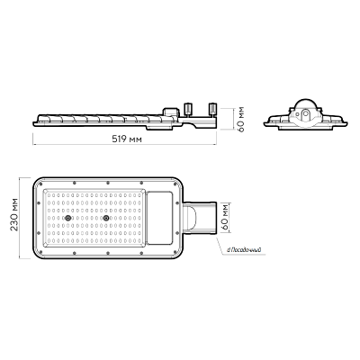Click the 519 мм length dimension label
(127, 139)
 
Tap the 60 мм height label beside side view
(240, 119)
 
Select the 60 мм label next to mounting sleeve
(225, 218)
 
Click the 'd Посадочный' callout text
(244, 249)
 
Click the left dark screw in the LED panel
(68, 218)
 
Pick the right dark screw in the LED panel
(105, 218)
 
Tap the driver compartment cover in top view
(159, 218)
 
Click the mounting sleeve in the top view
(200, 218)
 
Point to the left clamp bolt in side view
(188, 109)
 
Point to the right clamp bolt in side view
(212, 109)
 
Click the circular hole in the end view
(305, 114)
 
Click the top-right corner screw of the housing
(175, 184)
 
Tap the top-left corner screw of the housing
(40, 184)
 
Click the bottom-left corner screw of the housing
(40, 252)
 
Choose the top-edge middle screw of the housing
(108, 183)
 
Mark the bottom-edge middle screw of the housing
(108, 253)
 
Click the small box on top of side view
(171, 112)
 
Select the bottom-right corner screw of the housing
(175, 252)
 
